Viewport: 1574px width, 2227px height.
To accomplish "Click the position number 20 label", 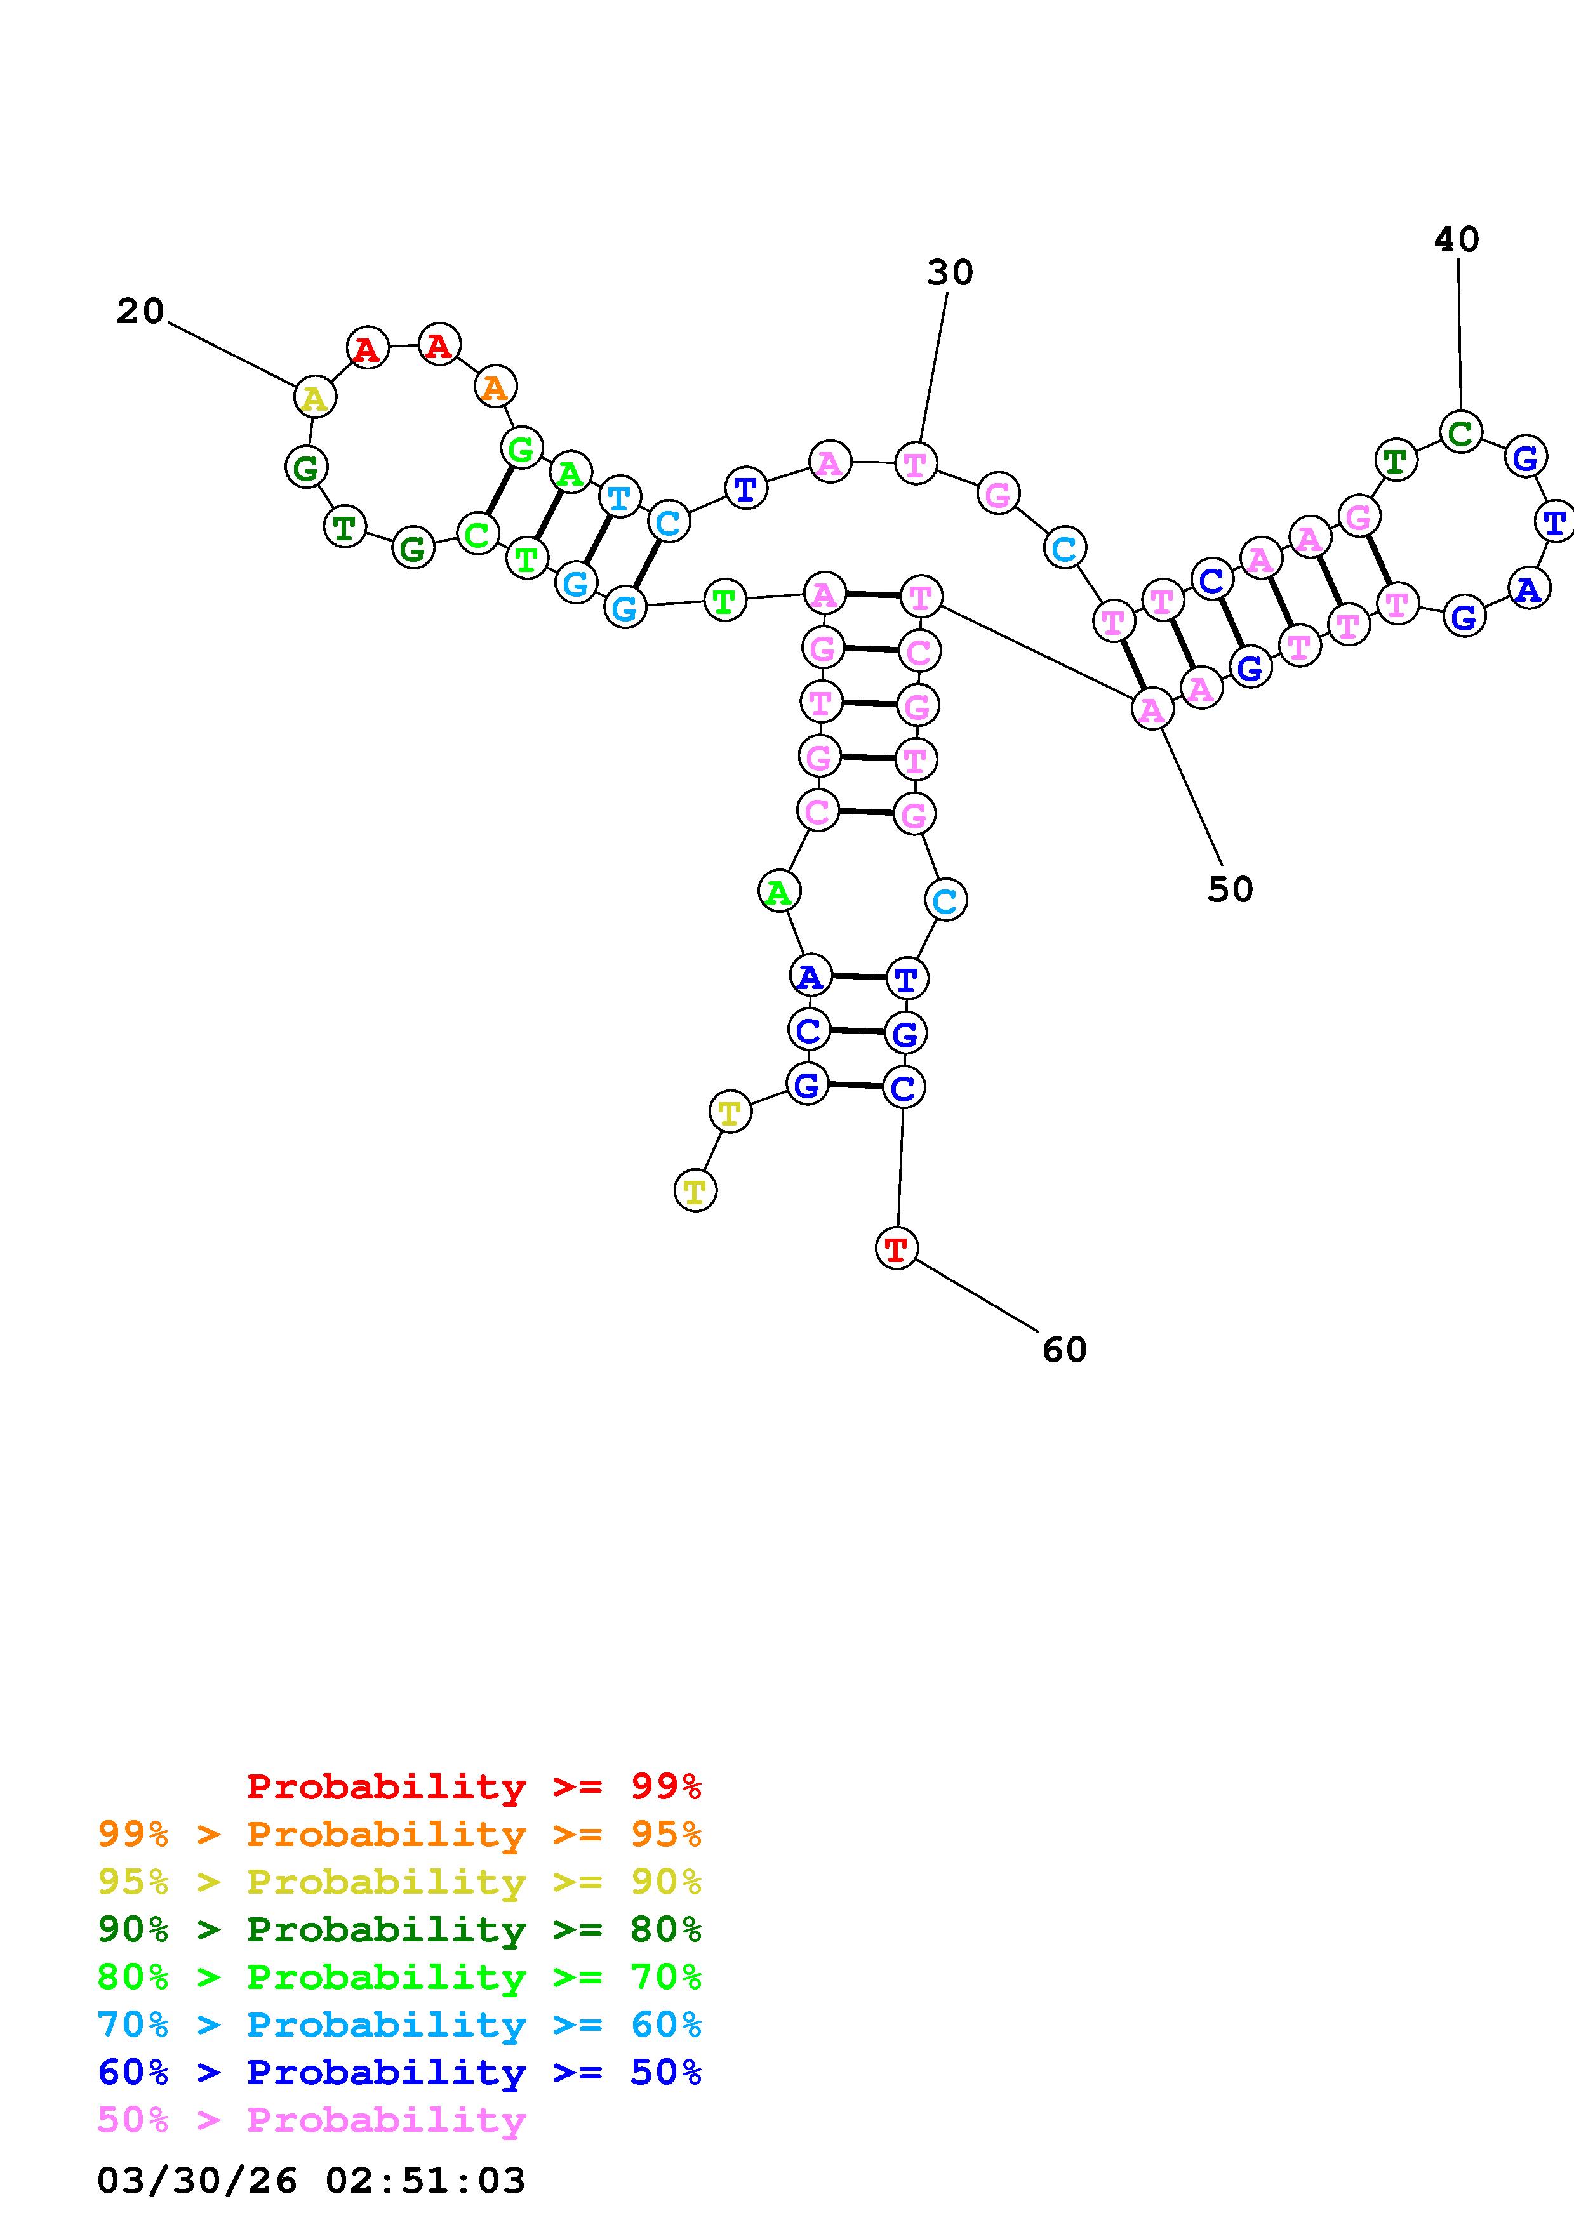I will [x=140, y=311].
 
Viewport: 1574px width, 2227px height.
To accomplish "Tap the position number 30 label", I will [x=949, y=272].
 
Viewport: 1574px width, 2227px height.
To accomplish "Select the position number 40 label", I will [x=1457, y=239].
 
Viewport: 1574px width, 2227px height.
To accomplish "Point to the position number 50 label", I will [x=1230, y=889].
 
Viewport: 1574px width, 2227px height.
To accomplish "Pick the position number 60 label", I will [x=1064, y=1349].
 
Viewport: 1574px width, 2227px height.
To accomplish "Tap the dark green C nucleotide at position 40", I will [x=1460, y=432].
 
